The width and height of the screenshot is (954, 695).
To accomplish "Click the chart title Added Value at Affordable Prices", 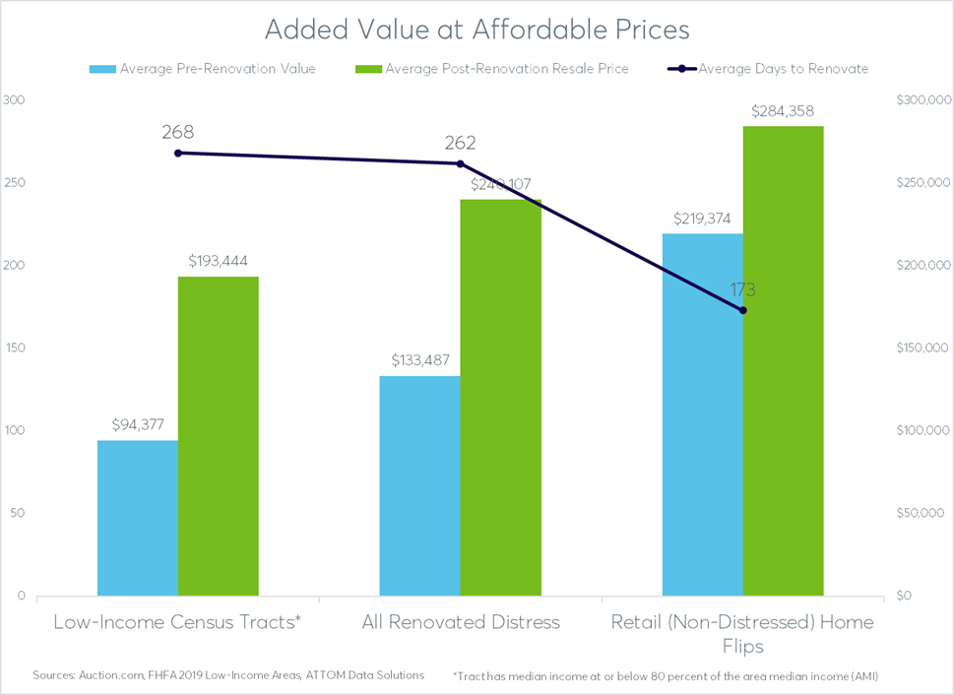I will coord(477,30).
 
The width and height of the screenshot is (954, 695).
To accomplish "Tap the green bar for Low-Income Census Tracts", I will coord(219,436).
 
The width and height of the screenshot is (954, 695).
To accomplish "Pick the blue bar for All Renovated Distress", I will coord(419,485).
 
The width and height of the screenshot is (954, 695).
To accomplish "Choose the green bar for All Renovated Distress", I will coord(501,398).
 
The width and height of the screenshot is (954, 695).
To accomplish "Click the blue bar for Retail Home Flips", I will coord(702,414).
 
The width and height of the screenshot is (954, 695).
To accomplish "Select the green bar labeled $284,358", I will coord(783,360).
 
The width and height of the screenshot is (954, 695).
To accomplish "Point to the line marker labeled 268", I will coord(178,153).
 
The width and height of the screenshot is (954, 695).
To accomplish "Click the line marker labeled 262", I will coord(460,163).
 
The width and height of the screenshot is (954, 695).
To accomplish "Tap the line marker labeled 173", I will coord(742,310).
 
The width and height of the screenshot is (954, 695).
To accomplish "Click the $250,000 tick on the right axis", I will coord(922,183).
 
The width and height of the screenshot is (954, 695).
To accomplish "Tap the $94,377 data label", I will coord(138,424).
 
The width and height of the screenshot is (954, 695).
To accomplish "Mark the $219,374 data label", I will coord(702,218).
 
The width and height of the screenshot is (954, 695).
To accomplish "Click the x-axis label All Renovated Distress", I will coord(459,622).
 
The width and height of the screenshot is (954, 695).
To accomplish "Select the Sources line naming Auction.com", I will coord(228,675).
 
